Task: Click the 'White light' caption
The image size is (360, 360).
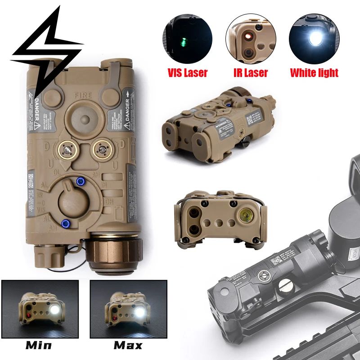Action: tap(314, 72)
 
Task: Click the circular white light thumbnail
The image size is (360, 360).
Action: tap(314, 38)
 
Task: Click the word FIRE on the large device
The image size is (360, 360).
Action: tap(84, 95)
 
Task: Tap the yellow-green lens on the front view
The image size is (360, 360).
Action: tap(245, 214)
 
